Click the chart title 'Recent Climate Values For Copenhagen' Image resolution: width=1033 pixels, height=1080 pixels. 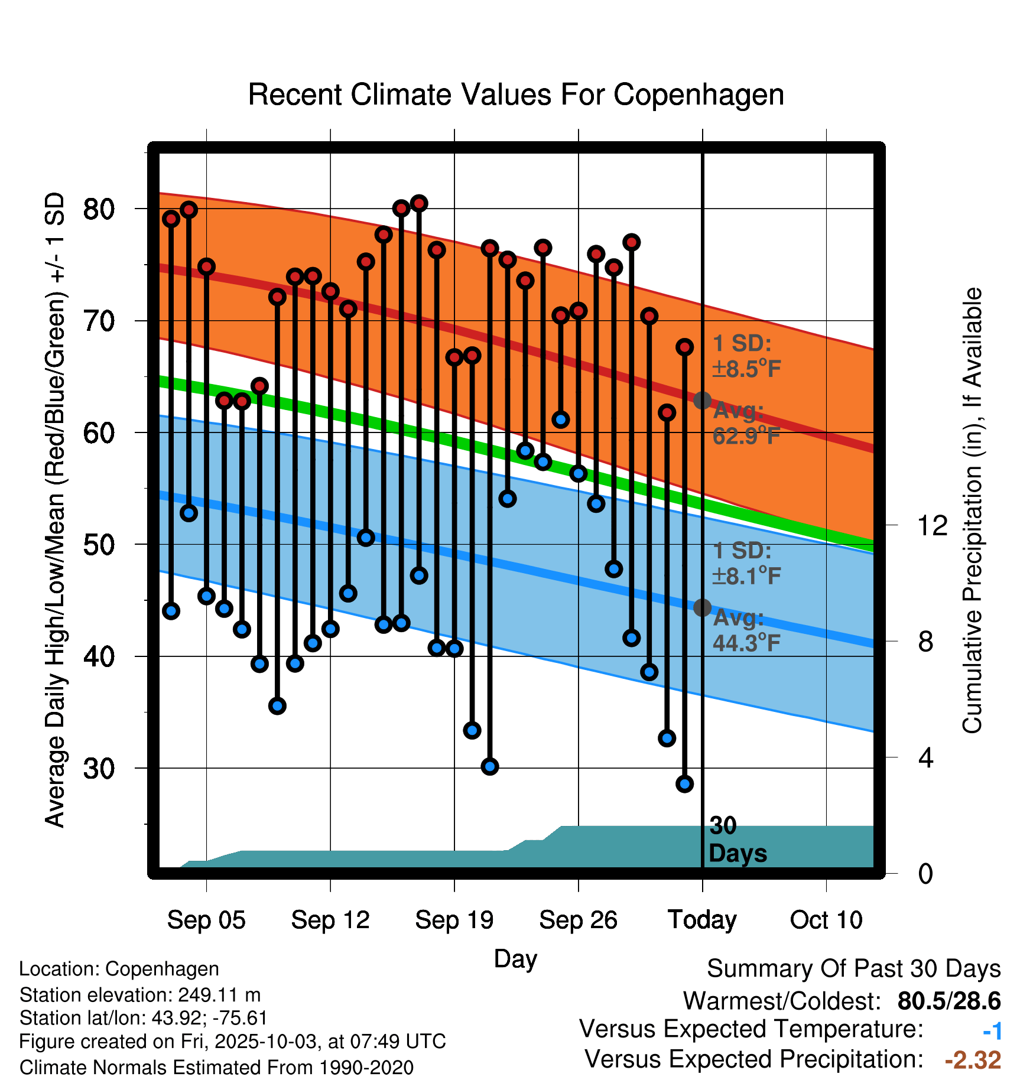pyautogui.click(x=516, y=95)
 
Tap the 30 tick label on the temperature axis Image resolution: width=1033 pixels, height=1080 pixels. pyautogui.click(x=99, y=769)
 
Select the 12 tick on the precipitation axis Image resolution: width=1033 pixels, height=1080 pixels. pyautogui.click(x=933, y=525)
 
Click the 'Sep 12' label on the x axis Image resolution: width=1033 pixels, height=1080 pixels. pyautogui.click(x=330, y=920)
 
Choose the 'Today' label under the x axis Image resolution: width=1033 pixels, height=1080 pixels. pyautogui.click(x=702, y=920)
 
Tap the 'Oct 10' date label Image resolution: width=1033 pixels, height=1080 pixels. pyautogui.click(x=826, y=920)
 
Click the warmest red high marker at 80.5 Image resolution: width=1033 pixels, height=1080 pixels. pyautogui.click(x=419, y=203)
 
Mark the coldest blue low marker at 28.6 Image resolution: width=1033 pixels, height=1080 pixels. pyautogui.click(x=684, y=784)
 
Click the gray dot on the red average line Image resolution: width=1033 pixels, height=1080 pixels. pyautogui.click(x=702, y=401)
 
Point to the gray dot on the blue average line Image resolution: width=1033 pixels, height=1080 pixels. pyautogui.click(x=702, y=607)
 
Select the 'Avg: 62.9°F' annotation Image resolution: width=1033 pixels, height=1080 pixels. pyautogui.click(x=746, y=423)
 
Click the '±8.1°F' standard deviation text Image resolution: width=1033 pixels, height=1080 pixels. pyautogui.click(x=747, y=575)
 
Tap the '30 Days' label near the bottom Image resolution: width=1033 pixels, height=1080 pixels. pyautogui.click(x=737, y=840)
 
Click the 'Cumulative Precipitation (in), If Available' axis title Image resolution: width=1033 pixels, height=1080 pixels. pyautogui.click(x=972, y=510)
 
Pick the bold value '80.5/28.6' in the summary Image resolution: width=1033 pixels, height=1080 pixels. pyautogui.click(x=948, y=1001)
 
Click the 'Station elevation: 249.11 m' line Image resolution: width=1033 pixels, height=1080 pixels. pyautogui.click(x=140, y=995)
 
